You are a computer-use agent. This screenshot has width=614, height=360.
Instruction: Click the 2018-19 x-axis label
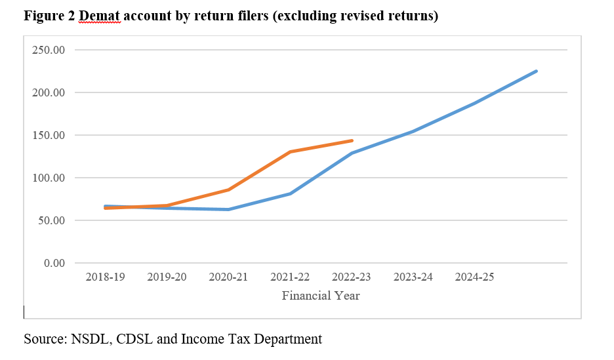click(x=105, y=277)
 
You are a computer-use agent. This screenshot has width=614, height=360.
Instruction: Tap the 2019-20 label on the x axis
click(x=167, y=277)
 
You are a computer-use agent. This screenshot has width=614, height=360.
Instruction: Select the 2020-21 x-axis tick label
click(x=228, y=277)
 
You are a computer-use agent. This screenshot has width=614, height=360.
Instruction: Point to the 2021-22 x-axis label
click(x=290, y=277)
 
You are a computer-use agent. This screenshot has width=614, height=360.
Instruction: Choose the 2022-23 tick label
click(x=352, y=277)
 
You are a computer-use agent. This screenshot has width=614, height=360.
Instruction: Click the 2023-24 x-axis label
click(x=413, y=277)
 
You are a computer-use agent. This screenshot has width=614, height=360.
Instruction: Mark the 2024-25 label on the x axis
click(x=475, y=277)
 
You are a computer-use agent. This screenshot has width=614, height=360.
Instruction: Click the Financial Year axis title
click(x=321, y=296)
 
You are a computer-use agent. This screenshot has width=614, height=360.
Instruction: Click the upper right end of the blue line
click(x=537, y=71)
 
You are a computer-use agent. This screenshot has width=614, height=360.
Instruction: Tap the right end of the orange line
click(x=352, y=140)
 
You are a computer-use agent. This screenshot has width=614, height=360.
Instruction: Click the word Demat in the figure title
click(x=100, y=16)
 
